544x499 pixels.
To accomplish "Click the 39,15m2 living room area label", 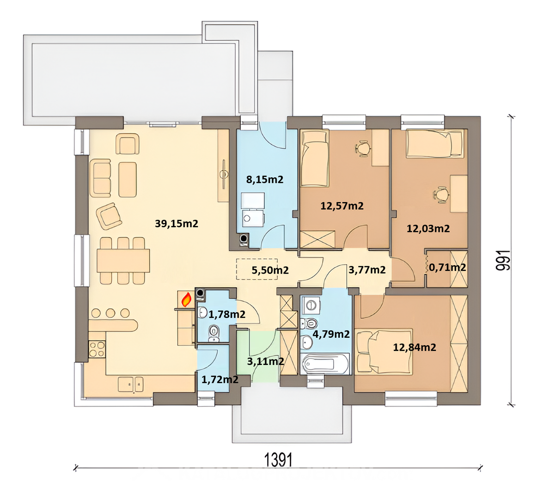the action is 176,224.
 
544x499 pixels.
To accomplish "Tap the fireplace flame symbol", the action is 186,299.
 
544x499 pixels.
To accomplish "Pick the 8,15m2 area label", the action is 265,179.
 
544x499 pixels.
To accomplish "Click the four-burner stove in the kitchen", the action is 97,349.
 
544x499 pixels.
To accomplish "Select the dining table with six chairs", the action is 123,261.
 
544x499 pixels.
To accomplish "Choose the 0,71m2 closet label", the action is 447,268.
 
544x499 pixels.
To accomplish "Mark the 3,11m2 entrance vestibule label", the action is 265,361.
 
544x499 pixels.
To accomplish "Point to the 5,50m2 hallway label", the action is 270,270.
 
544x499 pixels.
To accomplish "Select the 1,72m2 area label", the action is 220,380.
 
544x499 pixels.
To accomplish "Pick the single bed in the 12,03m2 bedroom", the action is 435,143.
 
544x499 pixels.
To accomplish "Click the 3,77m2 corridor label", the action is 367,270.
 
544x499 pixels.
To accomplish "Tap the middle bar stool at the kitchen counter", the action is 110,313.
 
